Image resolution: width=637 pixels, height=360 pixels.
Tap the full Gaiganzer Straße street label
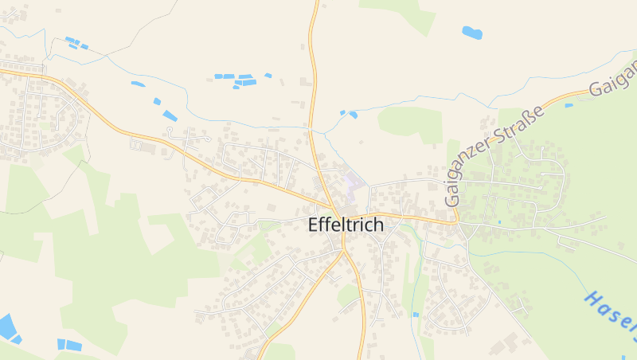[494, 155]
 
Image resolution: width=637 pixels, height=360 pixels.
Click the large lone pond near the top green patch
[471, 33]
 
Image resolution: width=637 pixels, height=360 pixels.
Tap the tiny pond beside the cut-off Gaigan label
[569, 105]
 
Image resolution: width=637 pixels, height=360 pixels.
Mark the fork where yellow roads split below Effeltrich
[344, 252]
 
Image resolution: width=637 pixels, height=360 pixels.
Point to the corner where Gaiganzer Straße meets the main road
[457, 221]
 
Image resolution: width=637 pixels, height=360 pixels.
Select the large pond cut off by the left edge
[6, 326]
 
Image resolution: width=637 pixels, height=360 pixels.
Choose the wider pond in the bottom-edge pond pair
[72, 346]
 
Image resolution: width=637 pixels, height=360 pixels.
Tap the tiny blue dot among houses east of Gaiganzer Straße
[499, 222]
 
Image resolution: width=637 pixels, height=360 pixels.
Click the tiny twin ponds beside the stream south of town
[415, 315]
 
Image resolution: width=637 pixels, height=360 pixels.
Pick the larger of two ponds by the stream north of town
[353, 115]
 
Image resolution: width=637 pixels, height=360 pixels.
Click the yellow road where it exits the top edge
[315, 2]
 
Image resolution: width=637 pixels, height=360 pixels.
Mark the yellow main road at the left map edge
[2, 71]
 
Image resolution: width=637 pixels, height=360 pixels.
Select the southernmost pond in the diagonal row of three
[170, 115]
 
